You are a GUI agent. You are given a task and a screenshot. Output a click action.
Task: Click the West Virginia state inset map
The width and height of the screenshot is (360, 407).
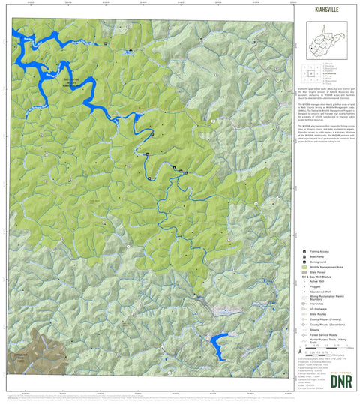[x=323, y=34]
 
